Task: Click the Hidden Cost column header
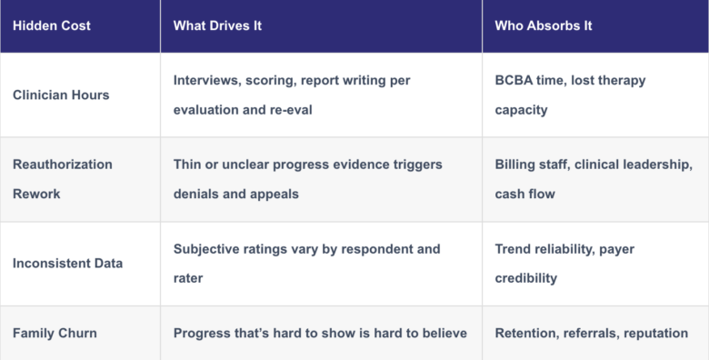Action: pos(52,25)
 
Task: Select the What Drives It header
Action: pos(217,25)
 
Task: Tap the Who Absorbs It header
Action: pos(544,25)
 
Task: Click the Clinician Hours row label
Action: pos(61,95)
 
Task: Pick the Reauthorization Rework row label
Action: pos(63,179)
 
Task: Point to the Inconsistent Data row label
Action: pos(68,264)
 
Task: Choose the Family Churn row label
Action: pos(55,334)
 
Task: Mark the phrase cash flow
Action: pos(525,194)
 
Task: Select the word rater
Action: pos(188,278)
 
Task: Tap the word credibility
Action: pos(526,278)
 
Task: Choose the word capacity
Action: pos(522,110)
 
